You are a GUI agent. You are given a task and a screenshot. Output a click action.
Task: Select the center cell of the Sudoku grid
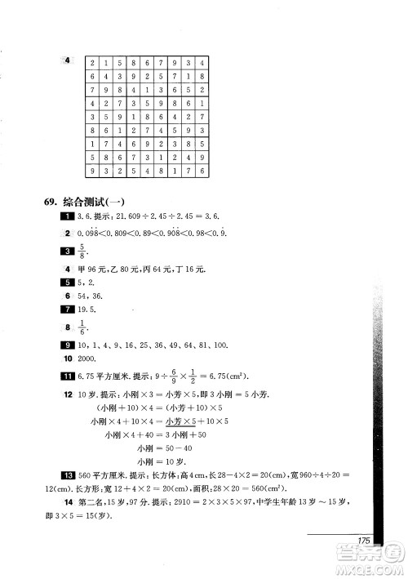pyautogui.click(x=147, y=117)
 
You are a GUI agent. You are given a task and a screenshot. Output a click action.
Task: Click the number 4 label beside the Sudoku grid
pyautogui.click(x=68, y=59)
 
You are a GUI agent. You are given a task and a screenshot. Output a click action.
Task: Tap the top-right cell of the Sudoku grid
pyautogui.click(x=201, y=62)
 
